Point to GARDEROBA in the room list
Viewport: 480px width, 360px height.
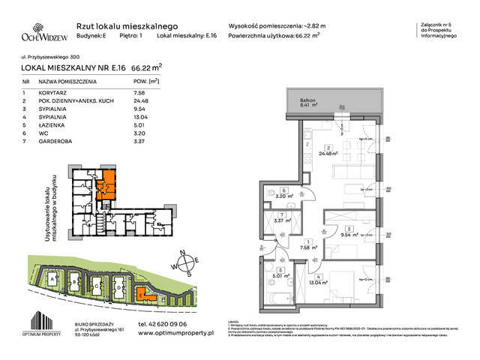[58, 144]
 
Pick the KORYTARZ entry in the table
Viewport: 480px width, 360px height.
[56, 93]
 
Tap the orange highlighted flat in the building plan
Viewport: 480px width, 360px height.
[107, 181]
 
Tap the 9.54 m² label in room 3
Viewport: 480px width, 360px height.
[349, 234]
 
